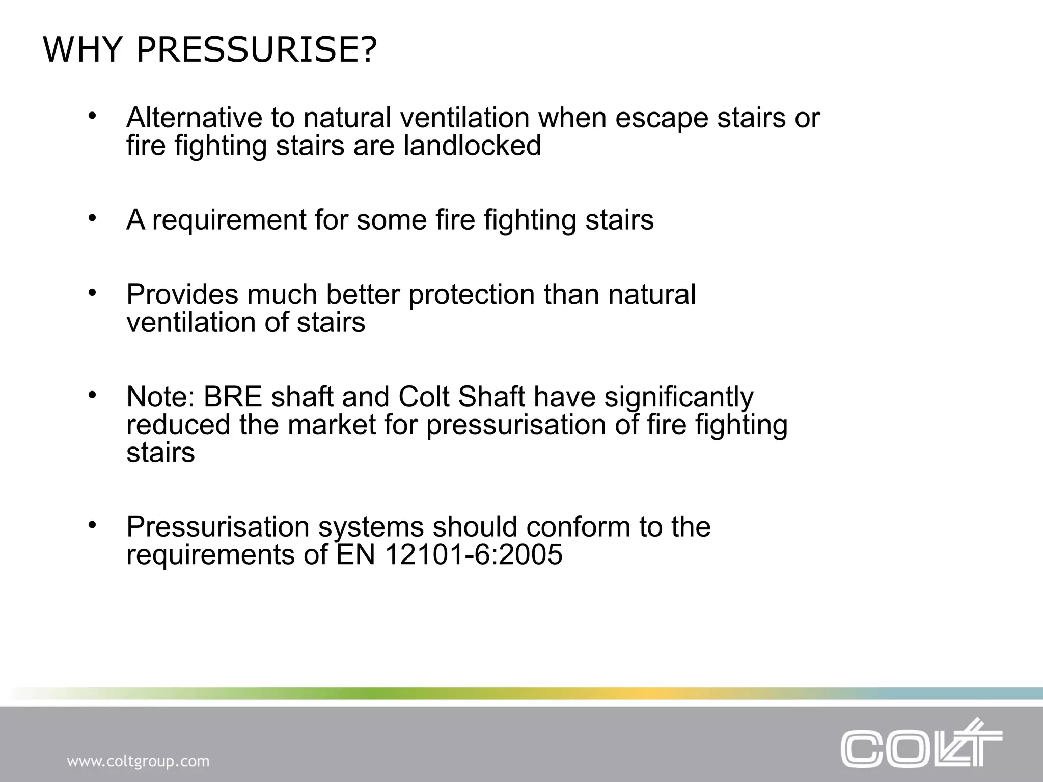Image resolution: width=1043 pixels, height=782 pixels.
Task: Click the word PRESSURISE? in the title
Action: tap(257, 50)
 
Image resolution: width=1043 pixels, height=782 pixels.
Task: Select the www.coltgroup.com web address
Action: tap(138, 762)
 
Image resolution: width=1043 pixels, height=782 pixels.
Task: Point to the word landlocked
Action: tap(472, 146)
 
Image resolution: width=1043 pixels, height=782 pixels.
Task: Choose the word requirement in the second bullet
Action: tap(229, 220)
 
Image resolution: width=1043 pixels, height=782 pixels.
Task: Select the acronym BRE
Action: tap(233, 397)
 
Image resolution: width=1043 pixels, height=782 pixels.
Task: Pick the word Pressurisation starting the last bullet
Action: tap(218, 527)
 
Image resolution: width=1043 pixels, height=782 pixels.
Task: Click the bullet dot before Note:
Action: tap(92, 395)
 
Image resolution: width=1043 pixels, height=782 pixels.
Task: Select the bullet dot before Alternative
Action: tap(92, 116)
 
